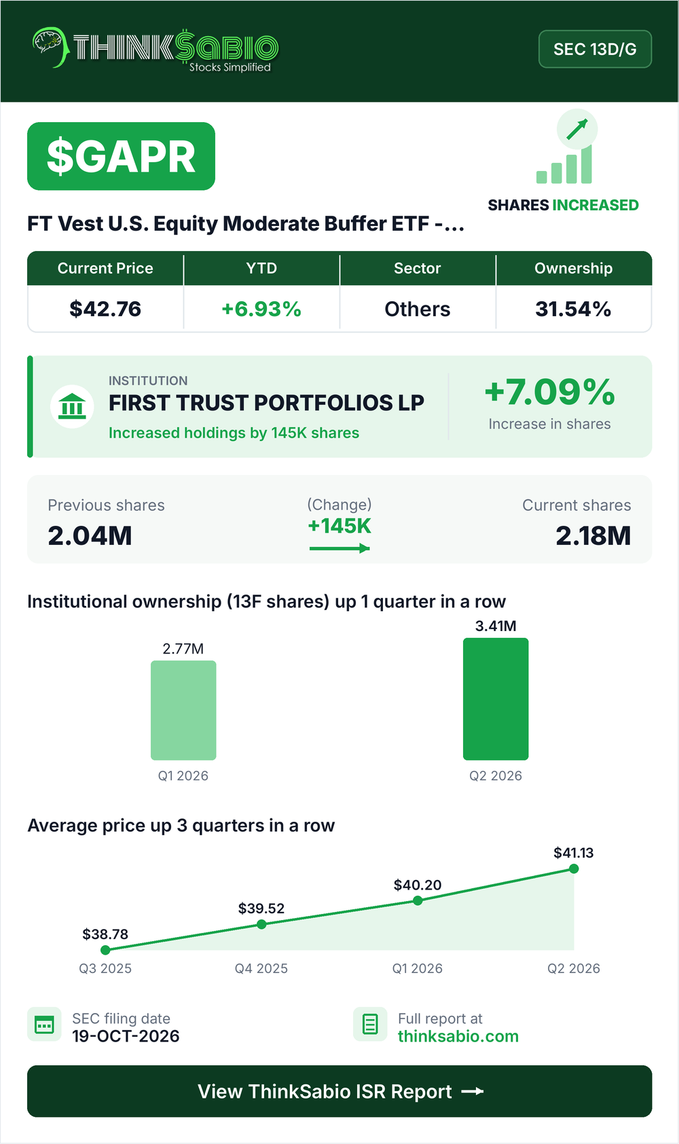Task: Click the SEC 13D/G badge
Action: [595, 49]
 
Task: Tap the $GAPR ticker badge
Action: [121, 156]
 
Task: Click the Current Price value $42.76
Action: [105, 309]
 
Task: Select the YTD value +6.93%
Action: [261, 309]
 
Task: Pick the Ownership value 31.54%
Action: [573, 309]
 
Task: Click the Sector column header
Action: [418, 268]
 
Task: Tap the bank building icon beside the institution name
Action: [72, 406]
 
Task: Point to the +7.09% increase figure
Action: [550, 392]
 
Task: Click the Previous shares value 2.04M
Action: [90, 536]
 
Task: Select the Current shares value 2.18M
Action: [593, 536]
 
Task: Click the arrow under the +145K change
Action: [339, 548]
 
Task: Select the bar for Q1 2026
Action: [183, 710]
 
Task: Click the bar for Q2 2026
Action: [496, 699]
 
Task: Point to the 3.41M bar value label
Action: [496, 626]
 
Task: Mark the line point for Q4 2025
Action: [261, 924]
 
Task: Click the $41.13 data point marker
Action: [574, 869]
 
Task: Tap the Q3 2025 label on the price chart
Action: [105, 968]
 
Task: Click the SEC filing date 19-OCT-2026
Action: [126, 1036]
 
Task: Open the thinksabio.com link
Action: [458, 1036]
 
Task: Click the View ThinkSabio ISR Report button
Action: [339, 1091]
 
